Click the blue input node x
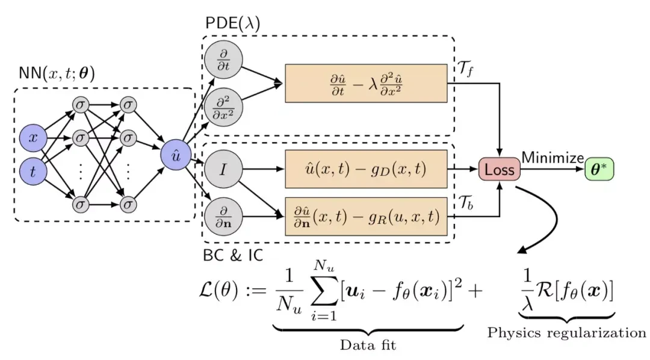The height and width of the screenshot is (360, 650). (x=34, y=138)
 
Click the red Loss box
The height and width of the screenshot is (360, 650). (x=498, y=170)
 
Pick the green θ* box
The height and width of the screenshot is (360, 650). (x=599, y=170)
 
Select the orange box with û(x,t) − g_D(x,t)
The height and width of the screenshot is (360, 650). (x=366, y=170)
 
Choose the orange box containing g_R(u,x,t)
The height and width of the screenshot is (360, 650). (x=366, y=215)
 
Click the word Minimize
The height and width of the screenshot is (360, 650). (x=552, y=158)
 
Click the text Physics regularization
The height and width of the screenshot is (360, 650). (x=566, y=332)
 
